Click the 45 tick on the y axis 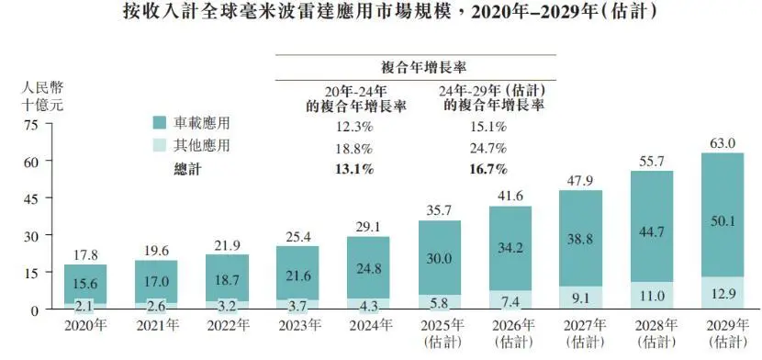tap(30, 198)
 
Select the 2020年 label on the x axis tap(86, 325)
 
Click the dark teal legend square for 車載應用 tap(159, 121)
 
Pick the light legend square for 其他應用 tap(159, 145)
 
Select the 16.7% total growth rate tap(488, 168)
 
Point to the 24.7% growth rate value tap(488, 147)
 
